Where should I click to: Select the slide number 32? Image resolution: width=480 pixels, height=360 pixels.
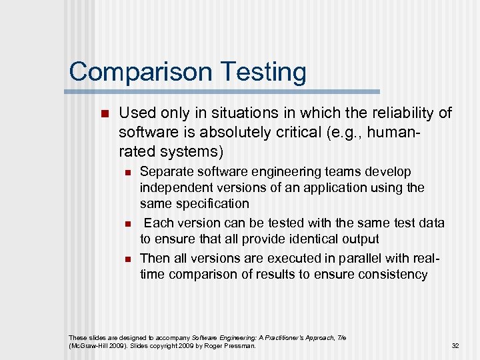point(455,345)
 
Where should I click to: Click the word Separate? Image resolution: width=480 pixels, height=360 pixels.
point(163,172)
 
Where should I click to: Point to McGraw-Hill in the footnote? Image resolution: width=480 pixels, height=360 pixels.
point(87,345)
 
